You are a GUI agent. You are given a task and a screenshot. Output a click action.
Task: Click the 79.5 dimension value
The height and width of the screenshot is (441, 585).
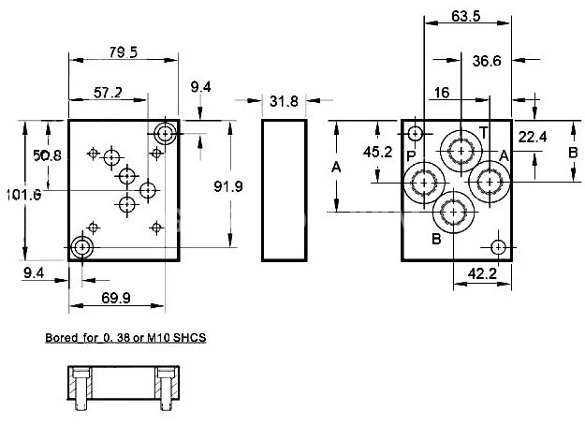[x=122, y=52]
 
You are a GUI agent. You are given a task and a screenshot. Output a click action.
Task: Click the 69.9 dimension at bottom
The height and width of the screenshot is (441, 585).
[x=116, y=298]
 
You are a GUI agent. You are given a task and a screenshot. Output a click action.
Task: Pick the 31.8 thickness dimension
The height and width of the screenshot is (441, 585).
[x=284, y=101]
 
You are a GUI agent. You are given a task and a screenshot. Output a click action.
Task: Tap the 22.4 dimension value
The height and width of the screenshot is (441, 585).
[x=533, y=137]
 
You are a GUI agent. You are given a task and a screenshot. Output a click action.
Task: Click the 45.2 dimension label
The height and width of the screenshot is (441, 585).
[x=378, y=152]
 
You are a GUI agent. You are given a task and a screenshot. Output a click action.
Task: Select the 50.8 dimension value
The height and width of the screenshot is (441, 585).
[x=47, y=155]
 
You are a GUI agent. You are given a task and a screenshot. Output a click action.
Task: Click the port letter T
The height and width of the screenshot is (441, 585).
[x=483, y=130]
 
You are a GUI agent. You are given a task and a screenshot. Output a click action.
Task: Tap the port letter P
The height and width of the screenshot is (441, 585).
[x=410, y=154]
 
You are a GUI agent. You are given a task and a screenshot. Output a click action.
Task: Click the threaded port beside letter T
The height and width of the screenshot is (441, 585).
[x=461, y=149]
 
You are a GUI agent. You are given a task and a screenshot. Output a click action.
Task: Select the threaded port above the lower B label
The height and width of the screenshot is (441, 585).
[x=454, y=213]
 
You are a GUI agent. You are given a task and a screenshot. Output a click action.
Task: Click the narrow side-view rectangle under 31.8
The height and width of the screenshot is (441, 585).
[x=284, y=190]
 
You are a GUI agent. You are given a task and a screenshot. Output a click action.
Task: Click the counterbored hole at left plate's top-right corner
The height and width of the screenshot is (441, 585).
[x=167, y=132]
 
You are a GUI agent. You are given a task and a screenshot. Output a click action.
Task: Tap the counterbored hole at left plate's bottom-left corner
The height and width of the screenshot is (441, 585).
[x=81, y=247]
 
